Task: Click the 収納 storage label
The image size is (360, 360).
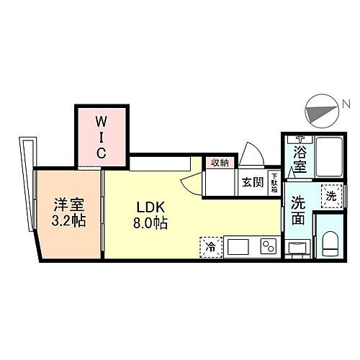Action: tap(220, 163)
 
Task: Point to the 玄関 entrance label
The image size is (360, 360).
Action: tap(252, 181)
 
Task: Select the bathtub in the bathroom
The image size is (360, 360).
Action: tap(328, 156)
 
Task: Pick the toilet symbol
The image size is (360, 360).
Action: tap(330, 243)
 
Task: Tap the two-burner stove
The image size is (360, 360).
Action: tap(268, 246)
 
